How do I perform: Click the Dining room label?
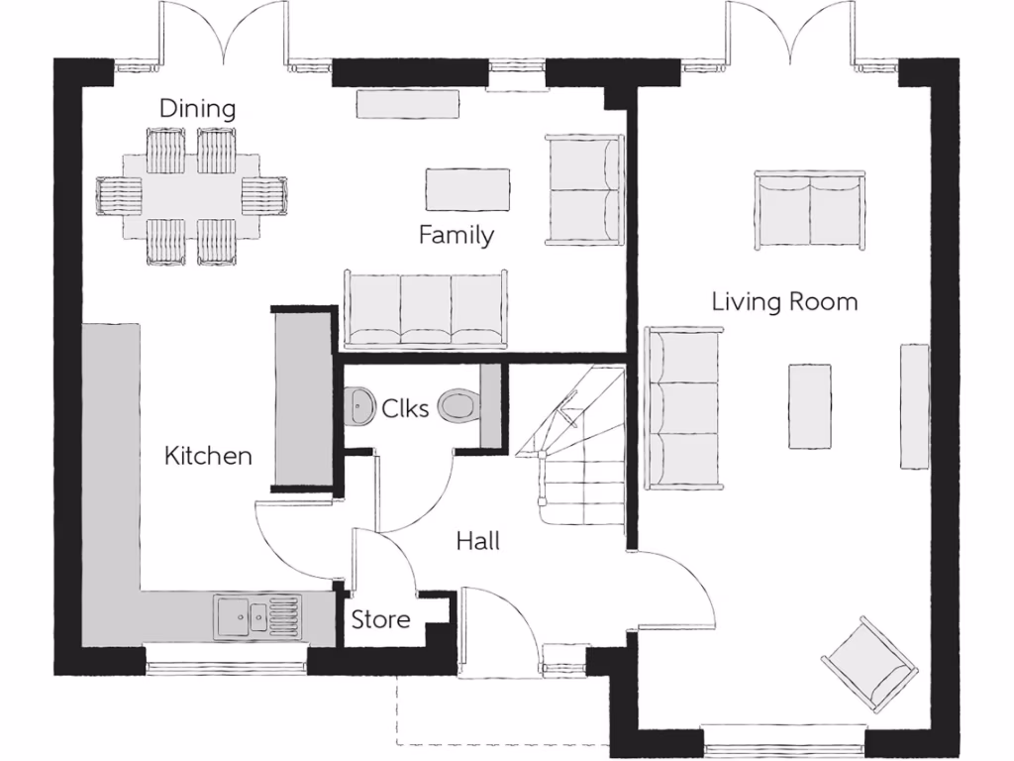(198, 108)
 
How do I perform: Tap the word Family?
(456, 235)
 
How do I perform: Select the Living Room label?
(784, 301)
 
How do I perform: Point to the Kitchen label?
(208, 456)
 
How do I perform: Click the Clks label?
(406, 406)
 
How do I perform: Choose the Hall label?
(477, 541)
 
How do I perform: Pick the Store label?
(381, 620)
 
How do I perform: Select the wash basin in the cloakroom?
(357, 405)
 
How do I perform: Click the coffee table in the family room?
(467, 189)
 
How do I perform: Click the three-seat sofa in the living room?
(682, 408)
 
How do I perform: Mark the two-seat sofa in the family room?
(583, 189)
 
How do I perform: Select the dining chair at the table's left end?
(120, 195)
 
